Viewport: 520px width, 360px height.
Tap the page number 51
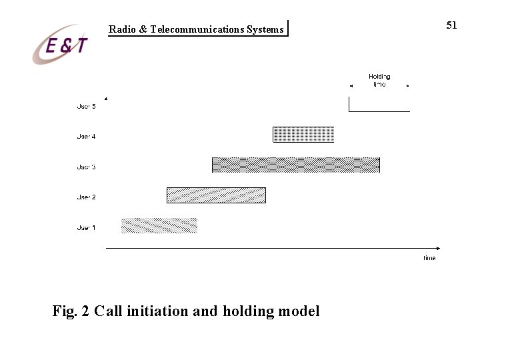(x=451, y=25)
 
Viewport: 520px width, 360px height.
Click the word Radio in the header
(x=123, y=29)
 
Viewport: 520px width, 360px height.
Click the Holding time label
(x=379, y=81)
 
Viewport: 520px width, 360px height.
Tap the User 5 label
(x=86, y=107)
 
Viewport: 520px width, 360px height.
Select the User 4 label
(x=86, y=137)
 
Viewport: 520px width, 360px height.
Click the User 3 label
(x=86, y=167)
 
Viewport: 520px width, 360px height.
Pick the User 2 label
(x=86, y=197)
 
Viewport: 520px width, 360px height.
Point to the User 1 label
(x=86, y=228)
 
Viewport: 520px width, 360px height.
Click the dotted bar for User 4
(x=303, y=135)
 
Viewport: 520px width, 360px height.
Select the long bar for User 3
(x=296, y=165)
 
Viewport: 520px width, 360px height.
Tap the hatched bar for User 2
(x=216, y=195)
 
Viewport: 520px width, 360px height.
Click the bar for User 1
(x=159, y=225)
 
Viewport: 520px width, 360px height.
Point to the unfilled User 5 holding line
(x=379, y=111)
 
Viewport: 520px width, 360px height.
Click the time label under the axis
(x=429, y=258)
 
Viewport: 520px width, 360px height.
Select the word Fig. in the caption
(x=65, y=311)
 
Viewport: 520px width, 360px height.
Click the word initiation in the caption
(x=157, y=311)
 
